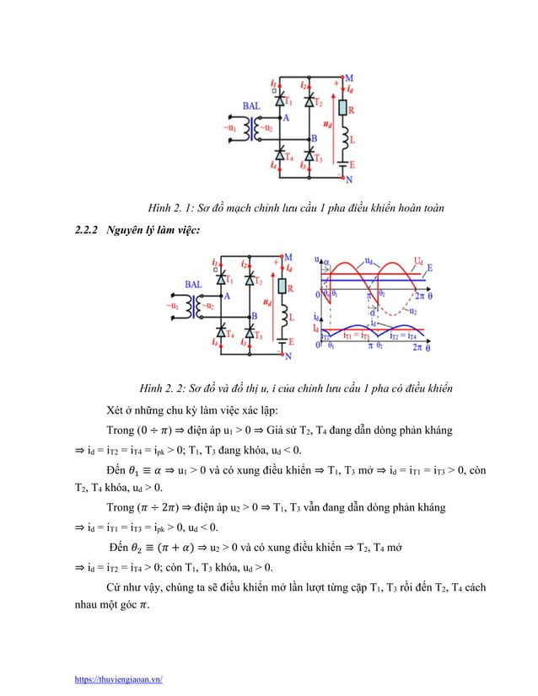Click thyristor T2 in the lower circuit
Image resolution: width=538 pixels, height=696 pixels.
tap(250, 278)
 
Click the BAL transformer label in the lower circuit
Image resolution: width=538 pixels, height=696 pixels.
tap(193, 286)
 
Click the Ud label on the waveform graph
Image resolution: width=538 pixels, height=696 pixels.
tap(418, 261)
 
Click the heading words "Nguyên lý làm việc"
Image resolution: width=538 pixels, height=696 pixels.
tap(153, 231)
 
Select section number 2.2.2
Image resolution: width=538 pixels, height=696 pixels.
tap(82, 231)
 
